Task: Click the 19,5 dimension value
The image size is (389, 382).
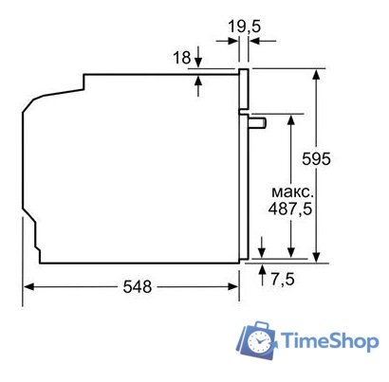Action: pos(245,27)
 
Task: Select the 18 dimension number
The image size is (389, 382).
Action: pos(181,58)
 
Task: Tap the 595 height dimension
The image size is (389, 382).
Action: pos(316,158)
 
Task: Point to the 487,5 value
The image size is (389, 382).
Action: pos(290,209)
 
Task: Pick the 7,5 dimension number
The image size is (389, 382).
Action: pos(283,279)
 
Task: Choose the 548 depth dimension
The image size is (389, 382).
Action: pos(138,286)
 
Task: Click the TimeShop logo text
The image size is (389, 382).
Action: pos(329,340)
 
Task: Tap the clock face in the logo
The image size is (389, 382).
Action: pos(259,341)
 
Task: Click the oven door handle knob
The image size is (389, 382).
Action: pos(258,122)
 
